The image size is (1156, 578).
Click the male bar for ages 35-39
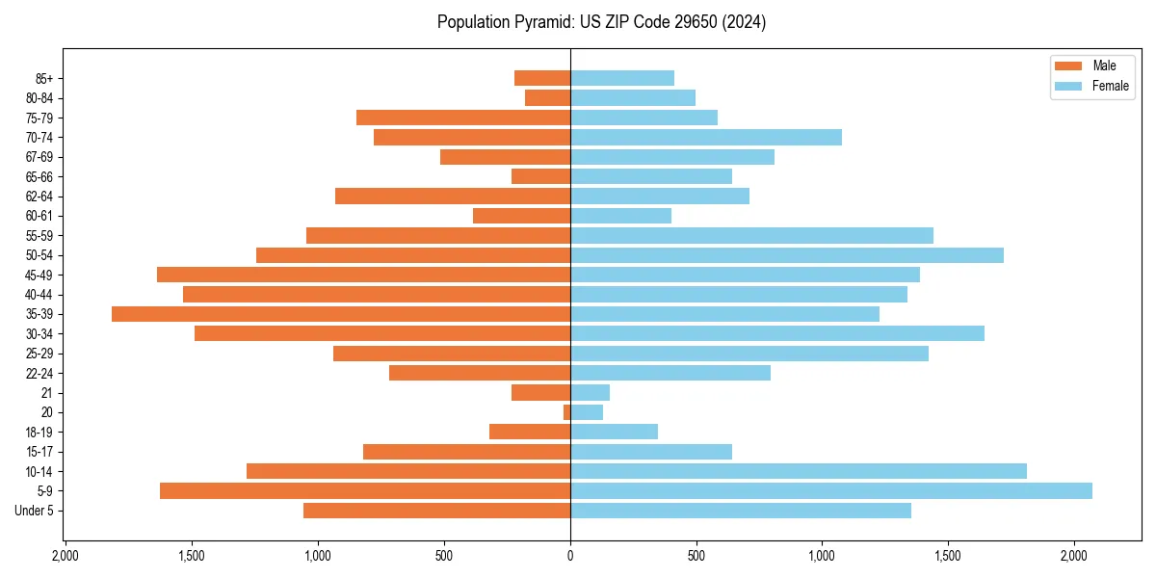pos(341,314)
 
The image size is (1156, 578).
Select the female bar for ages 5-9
pos(830,491)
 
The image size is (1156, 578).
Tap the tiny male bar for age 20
pos(567,412)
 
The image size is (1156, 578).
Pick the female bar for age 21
pos(590,393)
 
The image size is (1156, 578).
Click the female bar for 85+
pos(621,78)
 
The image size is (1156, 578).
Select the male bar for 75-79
pos(463,118)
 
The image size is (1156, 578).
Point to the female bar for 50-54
pos(786,255)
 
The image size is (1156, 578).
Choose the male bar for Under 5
pos(437,511)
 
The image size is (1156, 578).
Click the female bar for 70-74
pos(705,138)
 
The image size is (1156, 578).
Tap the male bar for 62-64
pos(453,197)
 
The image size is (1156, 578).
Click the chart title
pos(601,22)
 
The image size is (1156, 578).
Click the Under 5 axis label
pos(35,511)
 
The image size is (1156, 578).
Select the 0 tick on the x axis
pos(570,555)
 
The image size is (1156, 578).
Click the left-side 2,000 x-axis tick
pos(65,555)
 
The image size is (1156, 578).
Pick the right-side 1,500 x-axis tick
pos(949,555)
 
